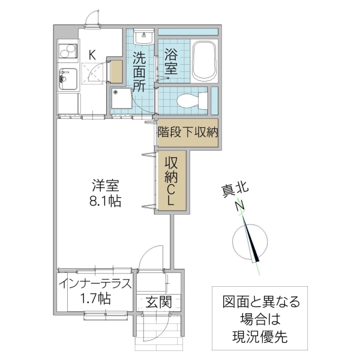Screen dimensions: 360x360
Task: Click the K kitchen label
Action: [92, 55]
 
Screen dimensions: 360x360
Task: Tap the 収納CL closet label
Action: [172, 180]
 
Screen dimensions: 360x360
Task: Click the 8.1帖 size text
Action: [103, 202]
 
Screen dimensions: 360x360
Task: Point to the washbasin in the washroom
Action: [144, 38]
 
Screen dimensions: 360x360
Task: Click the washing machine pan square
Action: [122, 97]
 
